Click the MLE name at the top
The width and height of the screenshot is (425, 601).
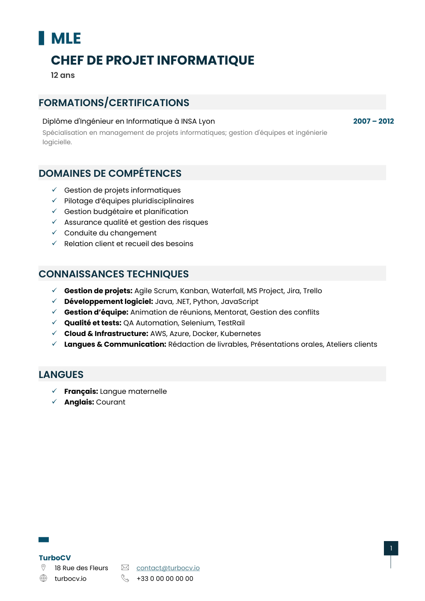tap(65, 39)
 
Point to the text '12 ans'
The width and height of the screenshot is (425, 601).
tap(62, 75)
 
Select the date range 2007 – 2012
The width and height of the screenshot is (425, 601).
tap(373, 121)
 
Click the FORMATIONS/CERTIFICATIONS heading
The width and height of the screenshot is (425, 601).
tap(114, 103)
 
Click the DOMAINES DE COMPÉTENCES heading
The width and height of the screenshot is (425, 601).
tap(110, 173)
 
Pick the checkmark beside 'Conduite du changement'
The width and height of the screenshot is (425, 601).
tap(54, 232)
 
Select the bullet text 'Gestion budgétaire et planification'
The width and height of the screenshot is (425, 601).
tap(126, 211)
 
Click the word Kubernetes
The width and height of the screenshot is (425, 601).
tap(240, 333)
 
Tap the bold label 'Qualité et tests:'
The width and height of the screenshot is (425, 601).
tap(92, 323)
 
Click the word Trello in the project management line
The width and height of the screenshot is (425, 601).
tap(312, 291)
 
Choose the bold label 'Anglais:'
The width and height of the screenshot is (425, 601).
tap(79, 402)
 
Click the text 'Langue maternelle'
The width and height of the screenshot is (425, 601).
tap(133, 391)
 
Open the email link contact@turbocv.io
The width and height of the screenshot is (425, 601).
tap(168, 568)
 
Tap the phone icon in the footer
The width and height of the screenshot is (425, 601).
tap(125, 578)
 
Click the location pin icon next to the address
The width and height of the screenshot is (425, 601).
tap(43, 568)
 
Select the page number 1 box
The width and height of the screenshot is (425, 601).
tap(391, 548)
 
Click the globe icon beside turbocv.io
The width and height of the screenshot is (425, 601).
tap(43, 578)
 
